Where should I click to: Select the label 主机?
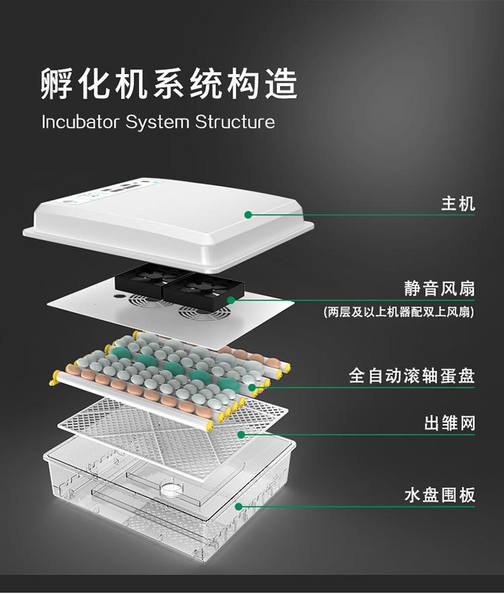tap(458, 203)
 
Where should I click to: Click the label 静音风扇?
tap(440, 289)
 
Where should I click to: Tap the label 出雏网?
tap(449, 423)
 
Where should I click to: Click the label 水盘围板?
tap(440, 495)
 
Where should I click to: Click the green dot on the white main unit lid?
tap(248, 215)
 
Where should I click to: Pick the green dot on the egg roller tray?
tap(252, 387)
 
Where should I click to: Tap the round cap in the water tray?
tap(170, 488)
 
